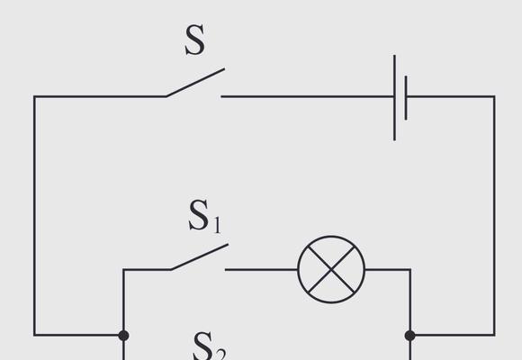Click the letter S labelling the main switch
(194, 40)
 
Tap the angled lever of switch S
(195, 83)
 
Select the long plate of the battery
(394, 97)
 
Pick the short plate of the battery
(406, 97)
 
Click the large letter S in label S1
(198, 215)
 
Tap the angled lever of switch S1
(200, 257)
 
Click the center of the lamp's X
(331, 269)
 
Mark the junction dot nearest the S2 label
(123, 336)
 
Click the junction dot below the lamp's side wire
(410, 336)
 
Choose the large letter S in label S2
(202, 346)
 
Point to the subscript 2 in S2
(221, 354)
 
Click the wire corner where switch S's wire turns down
(34, 96)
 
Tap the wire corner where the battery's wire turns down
(494, 96)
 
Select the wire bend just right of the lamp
(410, 269)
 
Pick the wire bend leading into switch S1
(123, 269)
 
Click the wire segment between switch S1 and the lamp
(261, 269)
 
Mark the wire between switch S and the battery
(307, 96)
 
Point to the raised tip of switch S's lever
(224, 69)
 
